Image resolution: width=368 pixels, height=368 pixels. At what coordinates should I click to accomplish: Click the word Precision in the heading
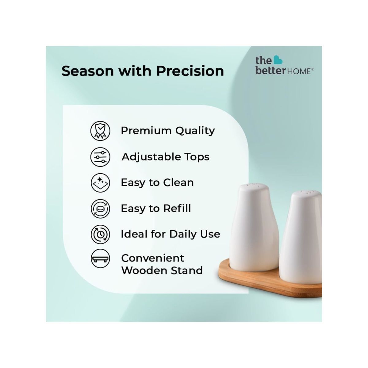click(x=190, y=71)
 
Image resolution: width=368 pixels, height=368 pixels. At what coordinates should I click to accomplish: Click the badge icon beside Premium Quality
click(x=100, y=131)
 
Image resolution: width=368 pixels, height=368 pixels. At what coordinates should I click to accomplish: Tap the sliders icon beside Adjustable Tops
click(x=100, y=157)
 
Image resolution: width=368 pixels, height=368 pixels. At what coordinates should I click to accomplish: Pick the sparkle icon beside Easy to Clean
click(x=100, y=183)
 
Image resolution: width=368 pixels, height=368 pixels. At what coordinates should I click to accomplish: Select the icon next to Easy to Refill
click(x=100, y=209)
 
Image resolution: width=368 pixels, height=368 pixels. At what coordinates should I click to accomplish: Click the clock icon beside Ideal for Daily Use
click(x=100, y=234)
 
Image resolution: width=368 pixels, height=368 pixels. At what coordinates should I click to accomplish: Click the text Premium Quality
click(x=168, y=131)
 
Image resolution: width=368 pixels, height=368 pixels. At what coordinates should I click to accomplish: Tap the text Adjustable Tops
click(x=166, y=157)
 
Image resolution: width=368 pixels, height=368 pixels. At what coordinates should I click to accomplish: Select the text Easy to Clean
click(x=157, y=182)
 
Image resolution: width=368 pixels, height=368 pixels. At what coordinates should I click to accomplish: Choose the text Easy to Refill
click(x=156, y=209)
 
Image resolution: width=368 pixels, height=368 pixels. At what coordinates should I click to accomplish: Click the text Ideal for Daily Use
click(x=170, y=234)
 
